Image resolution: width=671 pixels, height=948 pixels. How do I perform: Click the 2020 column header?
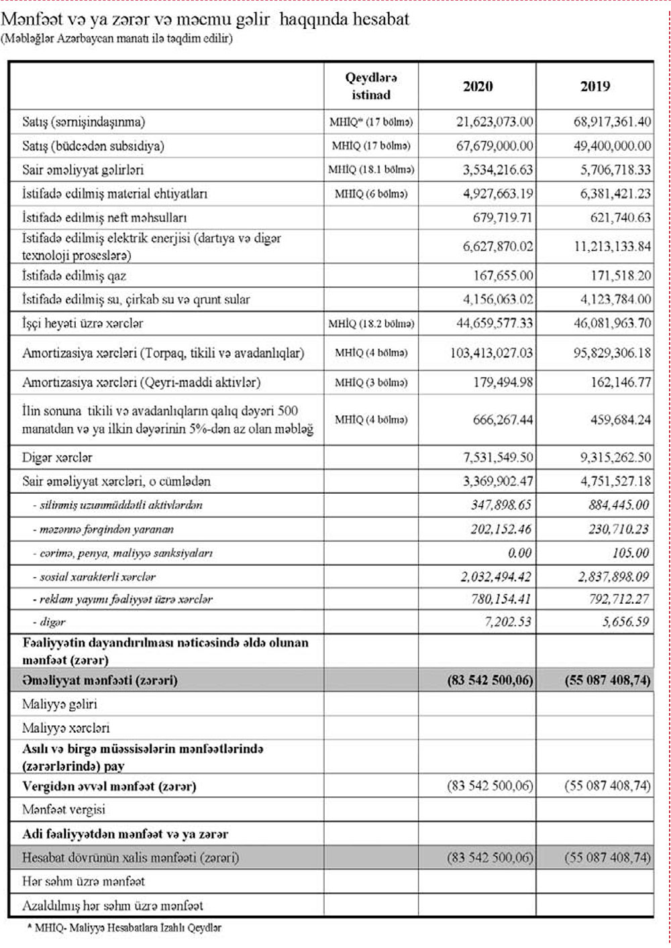477,86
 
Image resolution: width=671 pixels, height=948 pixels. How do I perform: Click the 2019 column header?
595,86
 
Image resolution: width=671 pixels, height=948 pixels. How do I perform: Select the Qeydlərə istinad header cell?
370,86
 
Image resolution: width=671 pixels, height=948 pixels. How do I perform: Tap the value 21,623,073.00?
495,122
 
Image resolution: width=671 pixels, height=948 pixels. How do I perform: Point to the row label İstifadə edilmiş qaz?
74,276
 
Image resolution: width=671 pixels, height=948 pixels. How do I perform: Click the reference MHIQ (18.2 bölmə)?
371,323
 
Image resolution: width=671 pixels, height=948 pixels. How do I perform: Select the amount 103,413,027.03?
492,353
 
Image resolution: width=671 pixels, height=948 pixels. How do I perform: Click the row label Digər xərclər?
57,458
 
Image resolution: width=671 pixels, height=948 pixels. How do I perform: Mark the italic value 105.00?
631,553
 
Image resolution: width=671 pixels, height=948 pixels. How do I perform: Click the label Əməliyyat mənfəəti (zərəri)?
99,680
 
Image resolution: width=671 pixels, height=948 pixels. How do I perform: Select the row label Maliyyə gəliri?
60,704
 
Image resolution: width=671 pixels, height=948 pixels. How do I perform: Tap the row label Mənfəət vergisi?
64,810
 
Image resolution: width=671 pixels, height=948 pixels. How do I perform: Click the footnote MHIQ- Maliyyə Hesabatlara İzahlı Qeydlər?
127,928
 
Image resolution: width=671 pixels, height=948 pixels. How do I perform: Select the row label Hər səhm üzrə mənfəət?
83,882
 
